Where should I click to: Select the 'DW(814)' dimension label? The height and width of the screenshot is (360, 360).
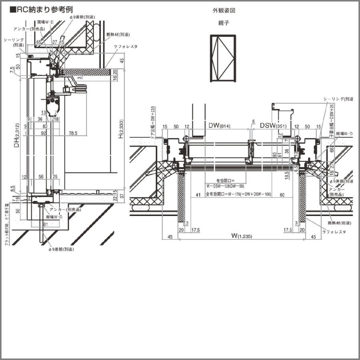[x=220, y=126]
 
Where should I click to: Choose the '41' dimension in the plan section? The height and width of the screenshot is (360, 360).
[x=197, y=195]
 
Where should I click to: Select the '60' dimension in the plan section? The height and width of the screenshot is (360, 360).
[x=282, y=195]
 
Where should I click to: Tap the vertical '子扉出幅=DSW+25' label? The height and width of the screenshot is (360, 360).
[x=332, y=116]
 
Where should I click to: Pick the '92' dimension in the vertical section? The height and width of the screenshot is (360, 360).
[x=43, y=133]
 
